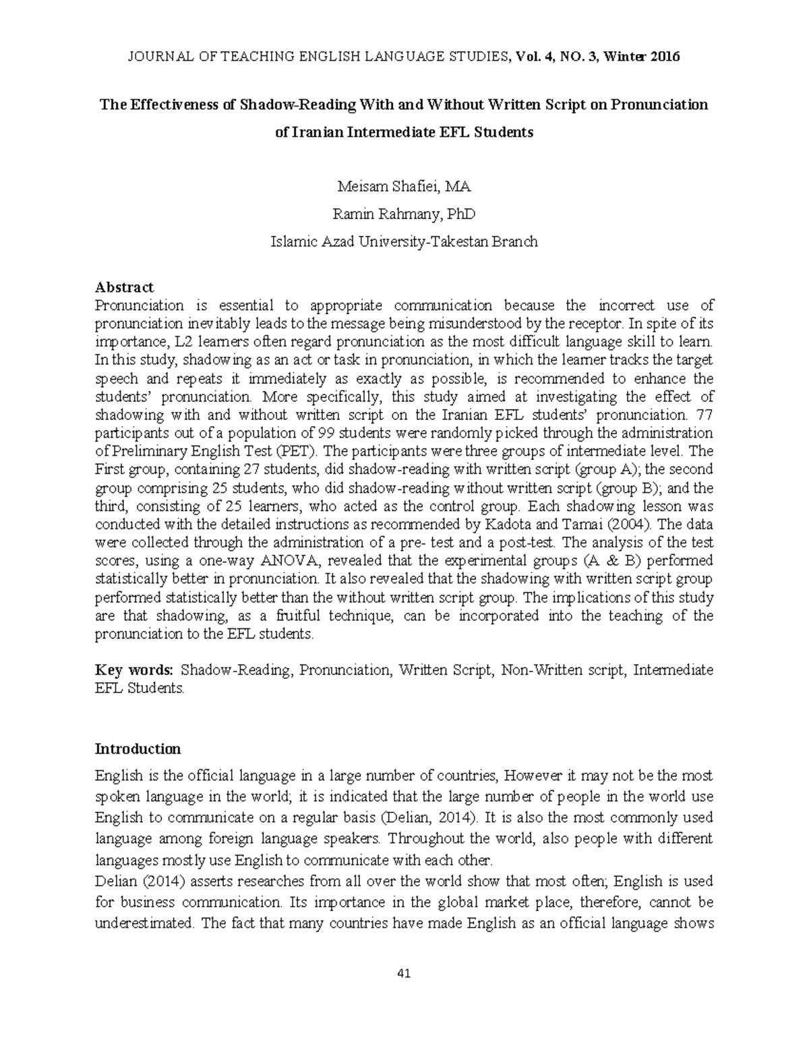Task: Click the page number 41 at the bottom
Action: point(404,974)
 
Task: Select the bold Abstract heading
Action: point(124,287)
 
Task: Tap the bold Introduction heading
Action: point(138,749)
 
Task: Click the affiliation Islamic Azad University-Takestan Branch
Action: point(404,241)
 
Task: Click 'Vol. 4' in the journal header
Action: point(531,57)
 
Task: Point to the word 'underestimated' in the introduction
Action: point(144,924)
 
